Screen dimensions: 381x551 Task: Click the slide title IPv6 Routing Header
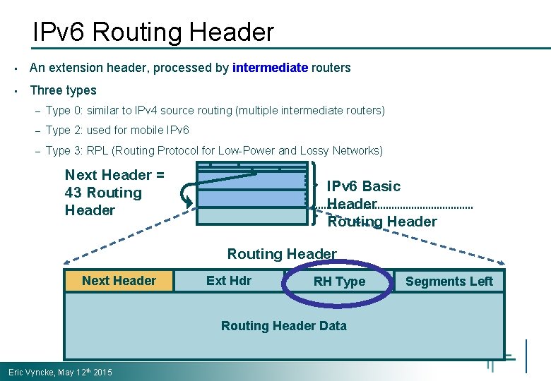(x=153, y=32)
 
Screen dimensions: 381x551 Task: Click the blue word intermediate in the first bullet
(x=270, y=68)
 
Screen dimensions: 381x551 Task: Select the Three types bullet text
(x=63, y=90)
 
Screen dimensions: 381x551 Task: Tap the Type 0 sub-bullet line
(x=215, y=111)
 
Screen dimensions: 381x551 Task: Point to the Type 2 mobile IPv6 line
(x=117, y=131)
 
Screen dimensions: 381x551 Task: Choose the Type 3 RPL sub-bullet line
(x=214, y=150)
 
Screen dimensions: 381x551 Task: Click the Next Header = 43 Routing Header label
(x=114, y=193)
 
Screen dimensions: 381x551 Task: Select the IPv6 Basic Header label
(x=363, y=194)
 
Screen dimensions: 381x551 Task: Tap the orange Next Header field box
(x=119, y=281)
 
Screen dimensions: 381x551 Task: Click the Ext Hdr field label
(x=228, y=281)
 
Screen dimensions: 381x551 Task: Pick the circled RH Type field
(x=339, y=282)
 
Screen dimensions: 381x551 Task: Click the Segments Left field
(x=449, y=282)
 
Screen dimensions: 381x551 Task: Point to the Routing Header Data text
(x=283, y=326)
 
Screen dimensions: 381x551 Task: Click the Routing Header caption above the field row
(x=282, y=254)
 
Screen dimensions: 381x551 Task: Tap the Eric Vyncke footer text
(x=60, y=372)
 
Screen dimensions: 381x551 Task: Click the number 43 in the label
(x=73, y=193)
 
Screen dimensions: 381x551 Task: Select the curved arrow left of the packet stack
(x=186, y=193)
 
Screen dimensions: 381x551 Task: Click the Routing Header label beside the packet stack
(x=382, y=222)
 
